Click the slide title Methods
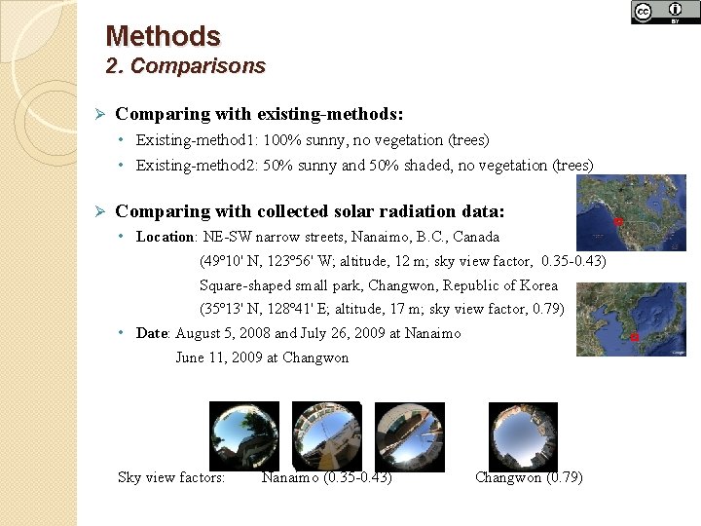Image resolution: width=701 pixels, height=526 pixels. [163, 36]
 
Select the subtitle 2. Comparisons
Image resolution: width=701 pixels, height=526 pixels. [185, 66]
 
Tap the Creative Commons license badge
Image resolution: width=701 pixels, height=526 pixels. [665, 12]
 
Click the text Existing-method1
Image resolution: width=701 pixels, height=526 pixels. [191, 140]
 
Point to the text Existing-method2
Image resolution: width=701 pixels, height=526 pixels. [191, 166]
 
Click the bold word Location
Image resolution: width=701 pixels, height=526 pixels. [166, 237]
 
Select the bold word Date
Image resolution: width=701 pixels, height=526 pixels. [153, 333]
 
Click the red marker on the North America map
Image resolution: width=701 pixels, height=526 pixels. [617, 221]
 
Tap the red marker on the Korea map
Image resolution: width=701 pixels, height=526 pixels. [635, 337]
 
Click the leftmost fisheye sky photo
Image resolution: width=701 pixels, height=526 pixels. [244, 436]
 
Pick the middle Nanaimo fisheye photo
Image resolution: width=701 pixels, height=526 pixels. [327, 436]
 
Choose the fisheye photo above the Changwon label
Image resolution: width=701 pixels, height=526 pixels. [523, 436]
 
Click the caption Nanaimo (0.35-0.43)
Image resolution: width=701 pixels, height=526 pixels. [327, 477]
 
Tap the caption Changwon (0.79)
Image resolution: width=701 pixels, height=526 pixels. [529, 477]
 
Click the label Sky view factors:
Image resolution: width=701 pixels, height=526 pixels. [171, 477]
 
